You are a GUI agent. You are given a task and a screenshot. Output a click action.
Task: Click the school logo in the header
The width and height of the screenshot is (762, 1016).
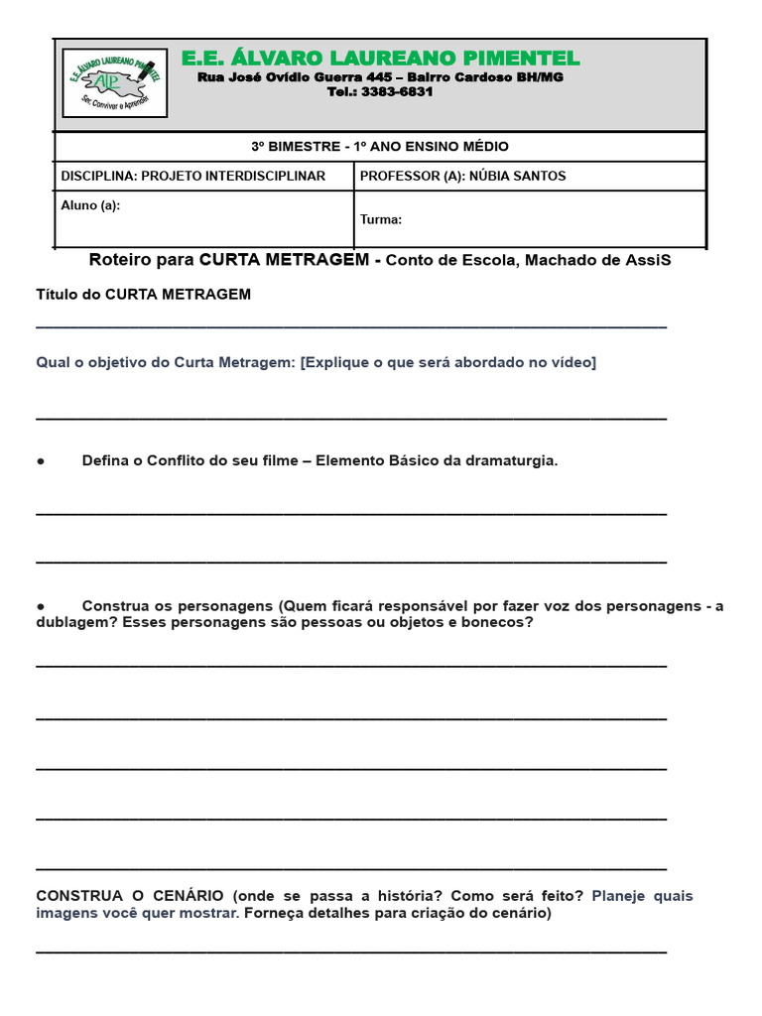114,83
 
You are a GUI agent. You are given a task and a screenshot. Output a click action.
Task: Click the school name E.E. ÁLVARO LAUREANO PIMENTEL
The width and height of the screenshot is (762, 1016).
381,59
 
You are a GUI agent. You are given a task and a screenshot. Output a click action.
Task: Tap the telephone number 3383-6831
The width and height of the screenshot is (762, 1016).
397,92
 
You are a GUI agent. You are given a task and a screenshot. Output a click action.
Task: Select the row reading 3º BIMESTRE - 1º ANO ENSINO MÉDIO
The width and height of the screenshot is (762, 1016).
380,146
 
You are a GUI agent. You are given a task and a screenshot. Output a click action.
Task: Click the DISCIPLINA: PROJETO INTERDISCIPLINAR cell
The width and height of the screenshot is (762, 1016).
193,176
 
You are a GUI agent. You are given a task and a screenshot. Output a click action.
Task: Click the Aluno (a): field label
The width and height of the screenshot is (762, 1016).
90,205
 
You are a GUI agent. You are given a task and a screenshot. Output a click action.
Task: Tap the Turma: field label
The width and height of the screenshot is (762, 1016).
381,219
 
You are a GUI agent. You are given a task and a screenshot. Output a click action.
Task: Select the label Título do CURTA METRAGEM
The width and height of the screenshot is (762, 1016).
144,294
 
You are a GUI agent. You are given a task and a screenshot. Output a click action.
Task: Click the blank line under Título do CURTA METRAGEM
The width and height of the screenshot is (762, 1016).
351,325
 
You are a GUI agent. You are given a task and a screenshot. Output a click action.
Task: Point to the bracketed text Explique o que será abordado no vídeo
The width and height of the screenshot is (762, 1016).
448,362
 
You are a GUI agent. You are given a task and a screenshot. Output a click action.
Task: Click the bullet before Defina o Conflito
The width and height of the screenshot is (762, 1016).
41,461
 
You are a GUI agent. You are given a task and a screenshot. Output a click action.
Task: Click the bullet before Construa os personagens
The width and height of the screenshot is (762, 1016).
41,606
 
